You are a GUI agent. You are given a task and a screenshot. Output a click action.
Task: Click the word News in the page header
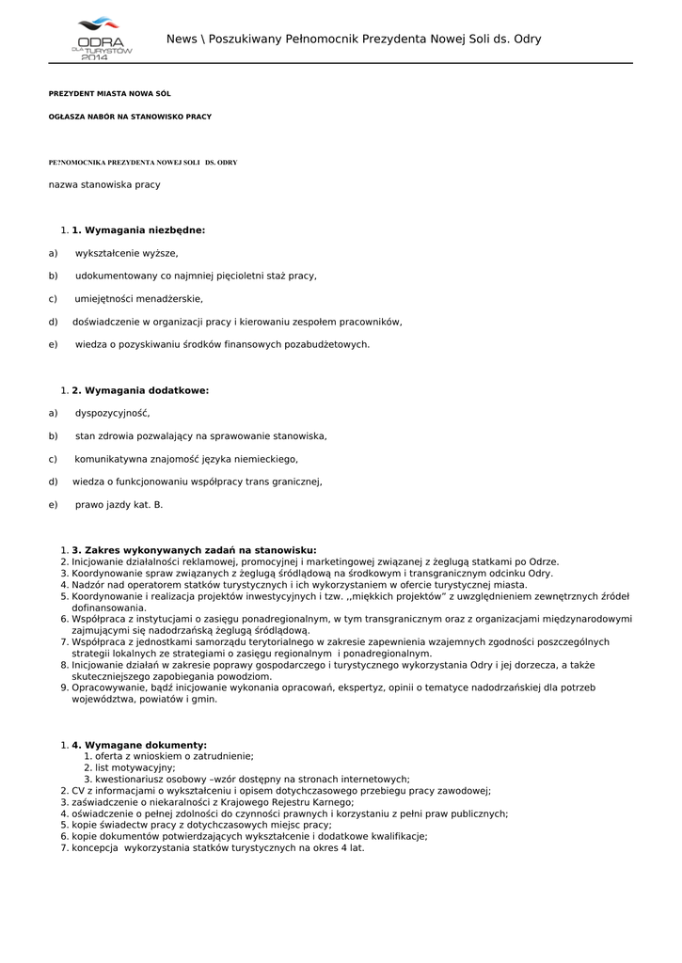[182, 39]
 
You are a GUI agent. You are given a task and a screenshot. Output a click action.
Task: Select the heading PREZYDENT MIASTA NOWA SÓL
[109, 94]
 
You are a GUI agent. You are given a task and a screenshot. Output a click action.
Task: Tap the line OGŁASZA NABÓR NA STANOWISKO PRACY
[130, 117]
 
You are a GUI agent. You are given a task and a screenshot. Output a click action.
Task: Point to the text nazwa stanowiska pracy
[104, 184]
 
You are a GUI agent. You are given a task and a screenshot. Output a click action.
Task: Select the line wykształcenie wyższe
[126, 253]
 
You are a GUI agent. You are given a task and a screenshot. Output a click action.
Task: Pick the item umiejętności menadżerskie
[138, 298]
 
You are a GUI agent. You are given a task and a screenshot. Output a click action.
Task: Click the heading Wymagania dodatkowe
[140, 390]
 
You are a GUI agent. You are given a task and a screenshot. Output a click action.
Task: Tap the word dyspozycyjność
[112, 413]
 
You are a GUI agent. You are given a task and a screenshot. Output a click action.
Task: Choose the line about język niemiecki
[186, 459]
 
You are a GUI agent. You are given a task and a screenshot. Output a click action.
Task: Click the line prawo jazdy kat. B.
[119, 504]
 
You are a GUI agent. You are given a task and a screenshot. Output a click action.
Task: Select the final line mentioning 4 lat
[218, 847]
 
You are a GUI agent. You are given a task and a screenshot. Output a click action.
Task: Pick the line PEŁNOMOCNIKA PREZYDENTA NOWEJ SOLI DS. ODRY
[143, 163]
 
